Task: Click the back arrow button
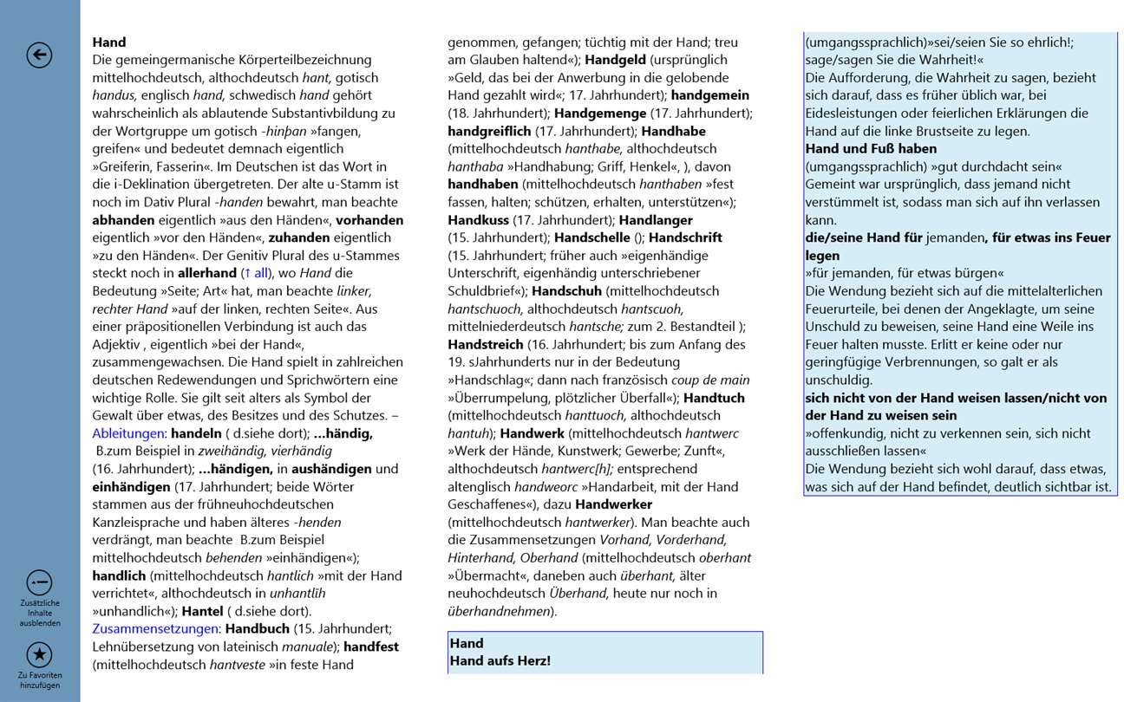click(x=39, y=55)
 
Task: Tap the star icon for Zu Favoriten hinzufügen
click(x=39, y=654)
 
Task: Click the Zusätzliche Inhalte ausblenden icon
click(x=39, y=582)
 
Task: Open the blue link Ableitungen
click(x=128, y=432)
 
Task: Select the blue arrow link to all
click(x=256, y=273)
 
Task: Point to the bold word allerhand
click(x=207, y=273)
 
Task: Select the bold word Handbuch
click(x=257, y=628)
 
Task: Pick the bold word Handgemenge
click(x=600, y=113)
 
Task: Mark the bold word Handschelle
click(x=591, y=237)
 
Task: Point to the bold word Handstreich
click(x=486, y=344)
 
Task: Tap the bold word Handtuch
click(x=715, y=398)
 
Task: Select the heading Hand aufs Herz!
click(x=500, y=661)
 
